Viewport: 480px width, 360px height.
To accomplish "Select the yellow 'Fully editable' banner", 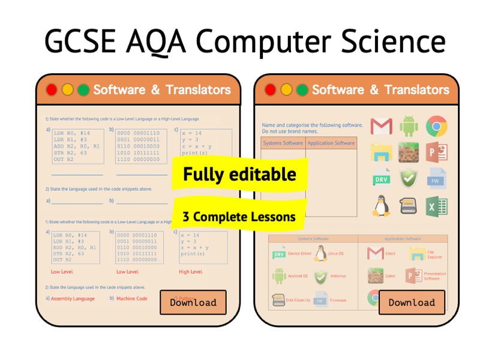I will click(x=239, y=175).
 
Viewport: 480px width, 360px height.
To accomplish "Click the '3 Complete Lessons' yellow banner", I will click(x=239, y=216).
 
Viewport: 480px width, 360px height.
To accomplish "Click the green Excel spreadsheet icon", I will click(x=437, y=206).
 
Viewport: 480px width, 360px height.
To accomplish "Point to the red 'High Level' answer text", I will click(x=190, y=272).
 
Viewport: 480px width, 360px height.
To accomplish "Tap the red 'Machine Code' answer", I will click(x=131, y=298).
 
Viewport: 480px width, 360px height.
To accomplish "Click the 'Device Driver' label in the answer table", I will click(x=299, y=254).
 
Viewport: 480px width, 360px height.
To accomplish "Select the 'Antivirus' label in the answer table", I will click(x=338, y=276).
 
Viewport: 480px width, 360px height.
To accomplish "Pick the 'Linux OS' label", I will click(x=336, y=254).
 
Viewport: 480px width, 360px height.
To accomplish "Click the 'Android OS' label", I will click(x=298, y=276).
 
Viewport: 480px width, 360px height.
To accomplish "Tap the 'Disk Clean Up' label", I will click(x=299, y=300).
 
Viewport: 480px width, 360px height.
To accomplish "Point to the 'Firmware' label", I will click(x=338, y=300).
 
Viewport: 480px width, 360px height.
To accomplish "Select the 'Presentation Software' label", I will click(x=435, y=276).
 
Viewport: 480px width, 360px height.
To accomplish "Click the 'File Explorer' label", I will click(x=434, y=254).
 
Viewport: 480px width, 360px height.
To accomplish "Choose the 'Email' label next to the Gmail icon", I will click(x=391, y=254).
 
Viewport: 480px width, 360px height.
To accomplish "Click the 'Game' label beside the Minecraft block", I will click(x=391, y=276).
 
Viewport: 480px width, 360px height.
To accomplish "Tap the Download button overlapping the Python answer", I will click(x=193, y=302).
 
